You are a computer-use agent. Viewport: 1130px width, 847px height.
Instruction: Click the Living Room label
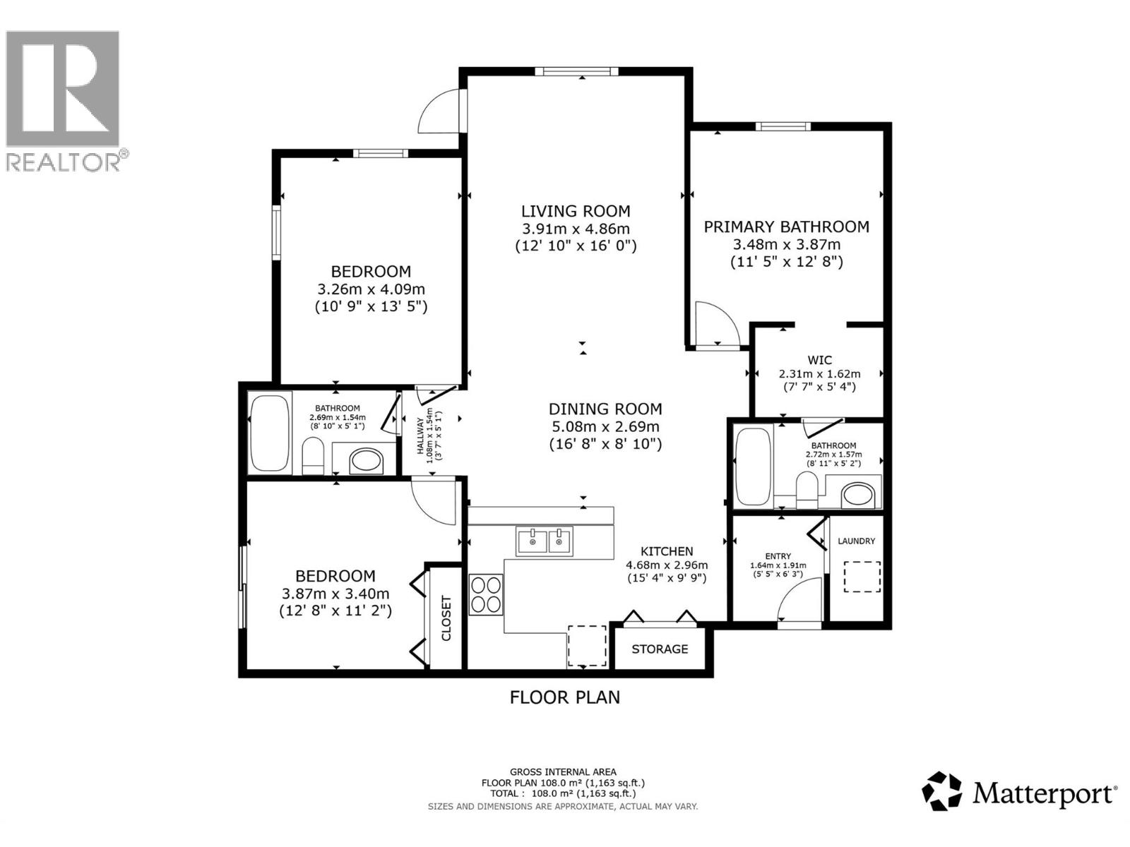[576, 211]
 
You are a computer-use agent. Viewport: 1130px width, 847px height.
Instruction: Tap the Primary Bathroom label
[786, 227]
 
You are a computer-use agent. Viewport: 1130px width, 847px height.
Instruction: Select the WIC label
[819, 360]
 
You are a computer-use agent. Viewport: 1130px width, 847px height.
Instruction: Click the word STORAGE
[660, 649]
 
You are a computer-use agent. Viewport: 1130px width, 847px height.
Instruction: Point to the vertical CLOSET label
[446, 618]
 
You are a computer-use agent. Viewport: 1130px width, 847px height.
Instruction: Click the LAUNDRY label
[856, 541]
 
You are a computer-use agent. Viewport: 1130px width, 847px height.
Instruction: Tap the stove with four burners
[486, 594]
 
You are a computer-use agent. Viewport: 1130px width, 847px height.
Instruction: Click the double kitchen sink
[545, 542]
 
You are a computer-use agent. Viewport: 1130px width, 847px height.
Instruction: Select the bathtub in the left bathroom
[270, 432]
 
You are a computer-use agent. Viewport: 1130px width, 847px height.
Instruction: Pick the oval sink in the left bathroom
[366, 462]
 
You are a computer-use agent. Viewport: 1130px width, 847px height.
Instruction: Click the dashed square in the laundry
[862, 577]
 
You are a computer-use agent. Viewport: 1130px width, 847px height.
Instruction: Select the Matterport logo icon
[942, 791]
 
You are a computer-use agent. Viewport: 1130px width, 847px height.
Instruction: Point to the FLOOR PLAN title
[565, 697]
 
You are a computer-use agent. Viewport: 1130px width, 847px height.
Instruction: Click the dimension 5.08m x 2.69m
[605, 426]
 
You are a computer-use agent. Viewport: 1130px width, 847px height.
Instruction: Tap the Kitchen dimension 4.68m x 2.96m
[667, 565]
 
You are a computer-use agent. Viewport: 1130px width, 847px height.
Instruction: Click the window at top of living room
[576, 71]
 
